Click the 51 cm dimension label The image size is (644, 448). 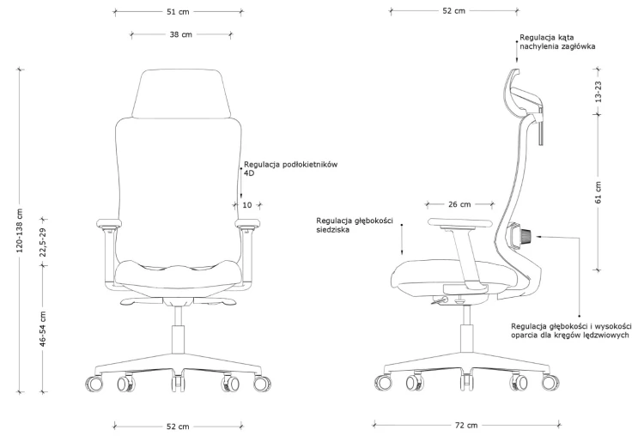click(x=178, y=12)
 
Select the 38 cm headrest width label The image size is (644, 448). click(x=180, y=34)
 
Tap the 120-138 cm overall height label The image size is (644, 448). click(x=20, y=230)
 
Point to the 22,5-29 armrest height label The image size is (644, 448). click(x=43, y=242)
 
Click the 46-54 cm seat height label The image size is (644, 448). click(x=43, y=329)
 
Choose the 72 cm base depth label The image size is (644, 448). click(x=466, y=426)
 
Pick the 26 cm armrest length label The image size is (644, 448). click(x=459, y=204)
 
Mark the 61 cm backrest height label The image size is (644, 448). click(x=598, y=192)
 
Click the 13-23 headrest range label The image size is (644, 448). click(x=598, y=92)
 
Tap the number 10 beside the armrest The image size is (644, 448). click(x=246, y=204)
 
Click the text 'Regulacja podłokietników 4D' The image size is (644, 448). click(x=290, y=169)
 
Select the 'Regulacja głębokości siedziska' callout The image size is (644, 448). click(x=355, y=225)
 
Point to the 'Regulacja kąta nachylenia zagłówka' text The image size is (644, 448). click(x=557, y=42)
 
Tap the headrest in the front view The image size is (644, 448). click(x=180, y=94)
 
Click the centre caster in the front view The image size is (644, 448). click(x=178, y=381)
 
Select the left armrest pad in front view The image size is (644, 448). click(x=109, y=223)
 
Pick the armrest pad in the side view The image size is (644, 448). click(x=459, y=222)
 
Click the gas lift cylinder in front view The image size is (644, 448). click(x=178, y=339)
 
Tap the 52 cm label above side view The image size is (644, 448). click(x=454, y=11)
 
